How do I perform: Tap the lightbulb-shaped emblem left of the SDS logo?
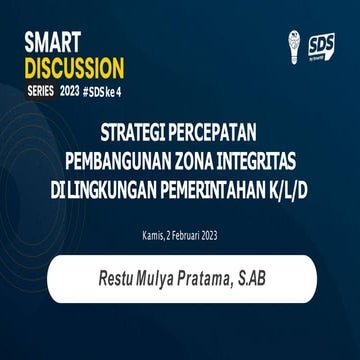[292, 46]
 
